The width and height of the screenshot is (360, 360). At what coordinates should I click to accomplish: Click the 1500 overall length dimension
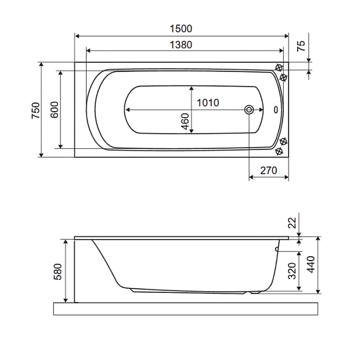click(x=181, y=29)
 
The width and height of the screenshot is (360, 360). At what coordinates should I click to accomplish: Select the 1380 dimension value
click(x=181, y=45)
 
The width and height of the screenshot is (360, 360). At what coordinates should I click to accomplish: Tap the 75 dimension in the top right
click(x=301, y=46)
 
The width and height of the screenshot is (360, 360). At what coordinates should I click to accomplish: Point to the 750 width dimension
click(x=35, y=110)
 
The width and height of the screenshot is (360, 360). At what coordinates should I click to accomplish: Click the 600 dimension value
click(x=54, y=110)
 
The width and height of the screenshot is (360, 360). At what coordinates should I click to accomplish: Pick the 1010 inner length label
click(x=208, y=103)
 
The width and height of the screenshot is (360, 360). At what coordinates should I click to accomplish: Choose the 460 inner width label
click(x=185, y=121)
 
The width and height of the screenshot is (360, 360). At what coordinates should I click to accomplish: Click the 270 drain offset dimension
click(x=268, y=170)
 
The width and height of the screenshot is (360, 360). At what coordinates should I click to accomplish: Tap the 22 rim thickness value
click(x=292, y=223)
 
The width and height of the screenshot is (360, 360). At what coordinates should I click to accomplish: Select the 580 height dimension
click(x=57, y=272)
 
